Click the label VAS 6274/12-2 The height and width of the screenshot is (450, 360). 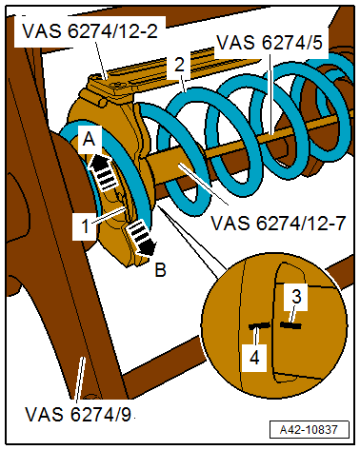[90, 30]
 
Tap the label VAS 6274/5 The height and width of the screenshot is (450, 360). [270, 42]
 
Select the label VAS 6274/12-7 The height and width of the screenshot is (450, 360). [278, 223]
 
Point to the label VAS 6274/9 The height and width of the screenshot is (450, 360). [78, 414]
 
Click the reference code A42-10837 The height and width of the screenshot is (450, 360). [309, 430]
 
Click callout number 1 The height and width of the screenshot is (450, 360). [85, 226]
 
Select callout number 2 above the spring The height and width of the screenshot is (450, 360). [180, 65]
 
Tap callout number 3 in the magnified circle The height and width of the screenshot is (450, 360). [296, 297]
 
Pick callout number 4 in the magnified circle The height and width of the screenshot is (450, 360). [254, 358]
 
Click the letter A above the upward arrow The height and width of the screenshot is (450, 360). [89, 139]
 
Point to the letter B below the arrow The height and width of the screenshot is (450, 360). [161, 270]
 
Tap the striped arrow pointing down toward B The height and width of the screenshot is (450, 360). [141, 237]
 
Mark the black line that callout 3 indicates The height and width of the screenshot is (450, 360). [290, 324]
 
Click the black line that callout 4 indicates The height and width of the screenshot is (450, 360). [260, 326]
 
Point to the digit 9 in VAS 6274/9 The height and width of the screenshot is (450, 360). [126, 414]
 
